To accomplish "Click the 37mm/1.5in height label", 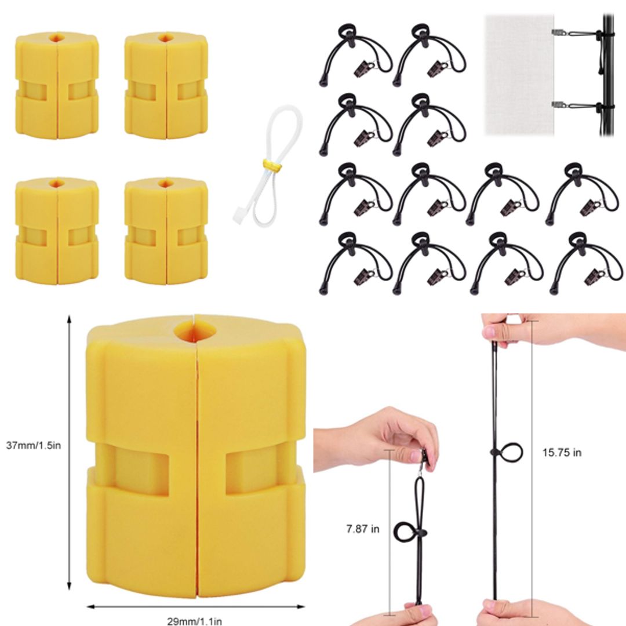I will tap(34, 446).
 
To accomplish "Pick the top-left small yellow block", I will tap(57, 85).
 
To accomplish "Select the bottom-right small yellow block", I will tap(166, 231).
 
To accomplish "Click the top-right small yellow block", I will tap(166, 85).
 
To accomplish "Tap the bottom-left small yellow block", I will tap(57, 231).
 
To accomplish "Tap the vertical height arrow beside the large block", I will tap(70, 452).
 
